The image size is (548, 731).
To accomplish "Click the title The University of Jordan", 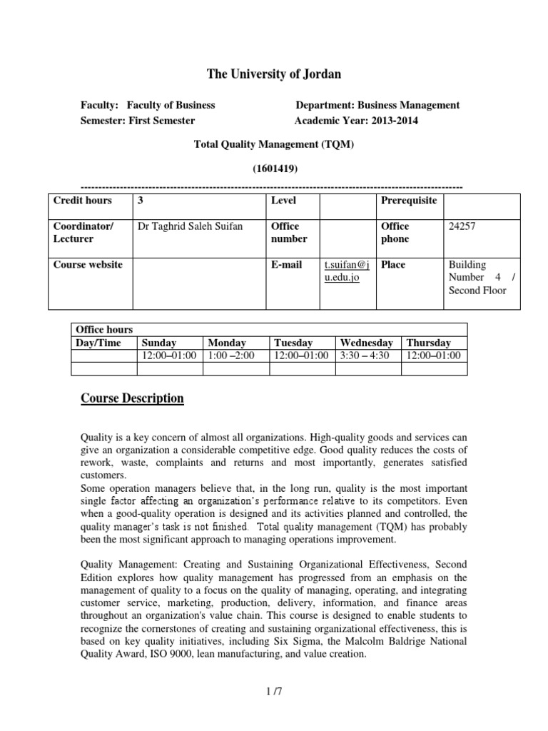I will (x=274, y=74).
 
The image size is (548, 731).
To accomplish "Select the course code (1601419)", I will (x=274, y=168).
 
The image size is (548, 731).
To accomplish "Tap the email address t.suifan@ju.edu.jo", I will (x=346, y=271).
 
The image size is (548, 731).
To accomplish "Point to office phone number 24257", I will (x=461, y=226).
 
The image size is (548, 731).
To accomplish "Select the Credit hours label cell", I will (x=82, y=201).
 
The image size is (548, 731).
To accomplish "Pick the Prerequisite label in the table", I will (x=409, y=201).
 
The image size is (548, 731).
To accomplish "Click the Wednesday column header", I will (x=366, y=343).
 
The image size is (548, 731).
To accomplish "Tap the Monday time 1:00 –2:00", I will (x=230, y=356).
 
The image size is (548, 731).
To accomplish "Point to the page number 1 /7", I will (x=274, y=690).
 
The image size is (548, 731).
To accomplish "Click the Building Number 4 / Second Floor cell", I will (x=477, y=277).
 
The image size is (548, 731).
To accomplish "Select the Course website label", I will (x=88, y=264).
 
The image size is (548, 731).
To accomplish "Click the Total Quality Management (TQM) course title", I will (x=274, y=144).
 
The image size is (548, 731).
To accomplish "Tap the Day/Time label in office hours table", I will (x=98, y=343).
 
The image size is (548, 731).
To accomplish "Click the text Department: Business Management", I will (x=377, y=105).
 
